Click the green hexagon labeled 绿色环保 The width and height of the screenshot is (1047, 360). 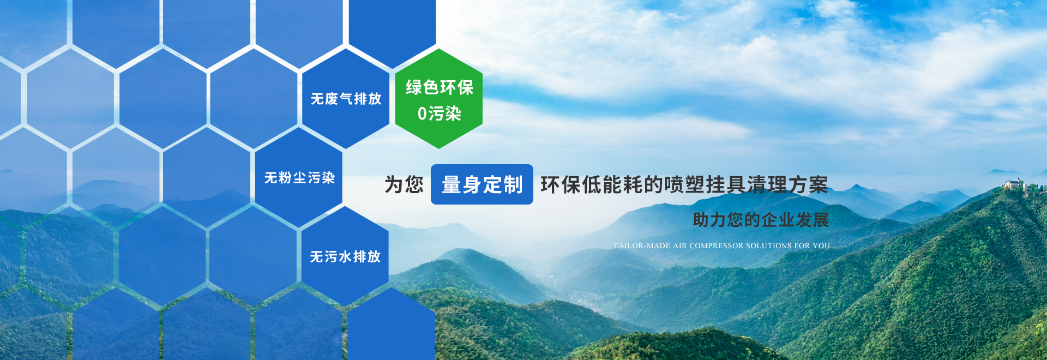coord(439,99)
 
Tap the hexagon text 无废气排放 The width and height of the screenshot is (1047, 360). coord(346,99)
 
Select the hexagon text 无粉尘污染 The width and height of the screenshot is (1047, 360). coord(299,178)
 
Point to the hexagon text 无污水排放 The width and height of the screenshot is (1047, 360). coord(345,256)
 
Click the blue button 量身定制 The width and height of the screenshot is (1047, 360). coord(482,184)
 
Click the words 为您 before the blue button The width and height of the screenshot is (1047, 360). coord(404,185)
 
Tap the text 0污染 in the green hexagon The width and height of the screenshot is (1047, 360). coord(440,113)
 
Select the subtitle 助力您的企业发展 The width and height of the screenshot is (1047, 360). coord(761,220)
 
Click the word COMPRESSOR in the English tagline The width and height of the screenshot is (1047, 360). coord(716,246)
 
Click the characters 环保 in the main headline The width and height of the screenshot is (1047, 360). coord(561,185)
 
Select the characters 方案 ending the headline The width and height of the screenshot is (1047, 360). coord(809,185)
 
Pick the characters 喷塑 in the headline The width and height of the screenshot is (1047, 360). coord(685,185)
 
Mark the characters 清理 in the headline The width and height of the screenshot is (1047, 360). coord(767,185)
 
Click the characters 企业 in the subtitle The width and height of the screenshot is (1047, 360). coord(778,220)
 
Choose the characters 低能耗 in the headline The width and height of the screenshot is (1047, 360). coord(612,185)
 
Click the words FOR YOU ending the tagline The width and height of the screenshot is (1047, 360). coord(812,246)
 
